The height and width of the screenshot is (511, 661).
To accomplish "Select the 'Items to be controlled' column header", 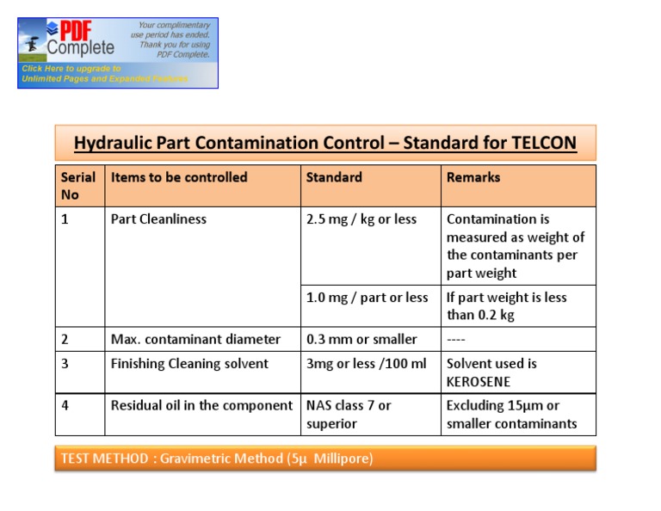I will pos(179,177).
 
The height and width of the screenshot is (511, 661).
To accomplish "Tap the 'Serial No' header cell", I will pos(77,186).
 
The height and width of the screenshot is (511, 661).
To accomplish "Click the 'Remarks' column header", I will pos(473,177).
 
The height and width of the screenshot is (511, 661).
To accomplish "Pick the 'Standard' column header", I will pos(334,177).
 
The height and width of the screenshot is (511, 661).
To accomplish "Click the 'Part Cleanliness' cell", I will pos(159,219).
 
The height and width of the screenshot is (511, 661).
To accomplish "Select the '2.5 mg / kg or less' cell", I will pos(361,219).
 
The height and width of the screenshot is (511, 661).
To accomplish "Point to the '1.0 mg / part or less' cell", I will pos(368,298).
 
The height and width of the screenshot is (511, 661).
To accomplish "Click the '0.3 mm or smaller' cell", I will pos(361,339).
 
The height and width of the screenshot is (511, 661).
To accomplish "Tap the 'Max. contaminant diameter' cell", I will pos(196,339).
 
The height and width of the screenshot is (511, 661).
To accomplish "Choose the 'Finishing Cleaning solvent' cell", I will pos(190,364).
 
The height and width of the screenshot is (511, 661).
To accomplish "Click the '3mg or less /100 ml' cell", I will pos(367,364).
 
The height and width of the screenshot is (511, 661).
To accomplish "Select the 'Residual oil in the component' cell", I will pos(202,405).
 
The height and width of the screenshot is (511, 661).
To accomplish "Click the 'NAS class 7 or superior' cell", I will pos(349,414).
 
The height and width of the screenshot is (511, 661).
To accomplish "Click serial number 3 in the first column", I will pos(65,364).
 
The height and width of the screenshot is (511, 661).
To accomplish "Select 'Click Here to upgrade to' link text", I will pos(71,68).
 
